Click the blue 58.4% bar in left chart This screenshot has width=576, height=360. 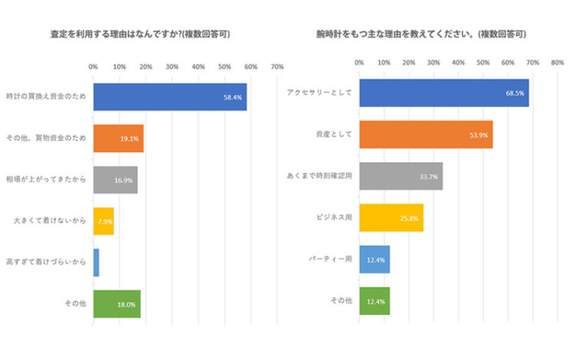(x=169, y=97)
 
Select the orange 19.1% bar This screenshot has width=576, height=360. (x=118, y=138)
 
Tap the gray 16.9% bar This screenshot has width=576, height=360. (x=115, y=180)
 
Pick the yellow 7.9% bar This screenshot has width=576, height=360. (x=103, y=221)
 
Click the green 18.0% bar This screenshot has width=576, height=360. (x=117, y=304)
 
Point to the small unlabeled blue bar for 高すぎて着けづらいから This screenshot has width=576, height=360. (x=96, y=263)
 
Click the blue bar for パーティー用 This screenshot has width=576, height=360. (x=375, y=259)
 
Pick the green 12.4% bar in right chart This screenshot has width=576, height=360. (x=375, y=301)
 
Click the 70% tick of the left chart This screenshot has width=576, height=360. (x=277, y=67)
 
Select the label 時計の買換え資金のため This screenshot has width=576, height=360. (x=46, y=97)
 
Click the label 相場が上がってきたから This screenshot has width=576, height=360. (x=46, y=180)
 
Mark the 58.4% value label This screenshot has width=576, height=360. (x=233, y=97)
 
